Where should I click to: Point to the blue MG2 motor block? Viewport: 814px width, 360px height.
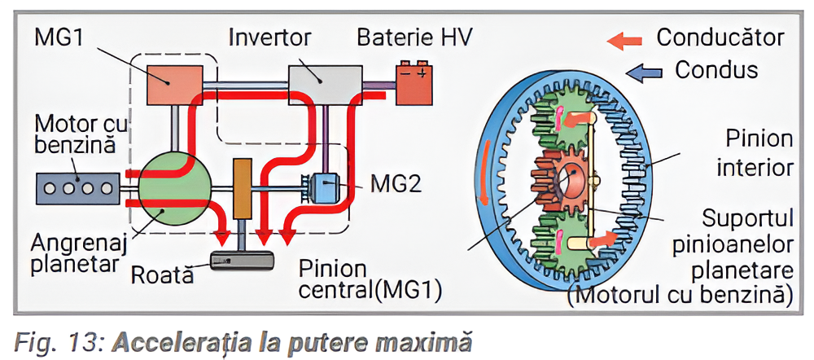coord(325,188)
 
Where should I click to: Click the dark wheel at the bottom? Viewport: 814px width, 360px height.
coord(241,261)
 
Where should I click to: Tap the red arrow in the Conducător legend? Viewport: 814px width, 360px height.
coord(627,38)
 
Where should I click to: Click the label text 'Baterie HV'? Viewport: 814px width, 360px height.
coord(415,37)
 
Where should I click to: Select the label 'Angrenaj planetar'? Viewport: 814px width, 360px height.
coord(71,254)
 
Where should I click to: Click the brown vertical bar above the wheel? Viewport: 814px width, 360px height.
coord(242,188)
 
